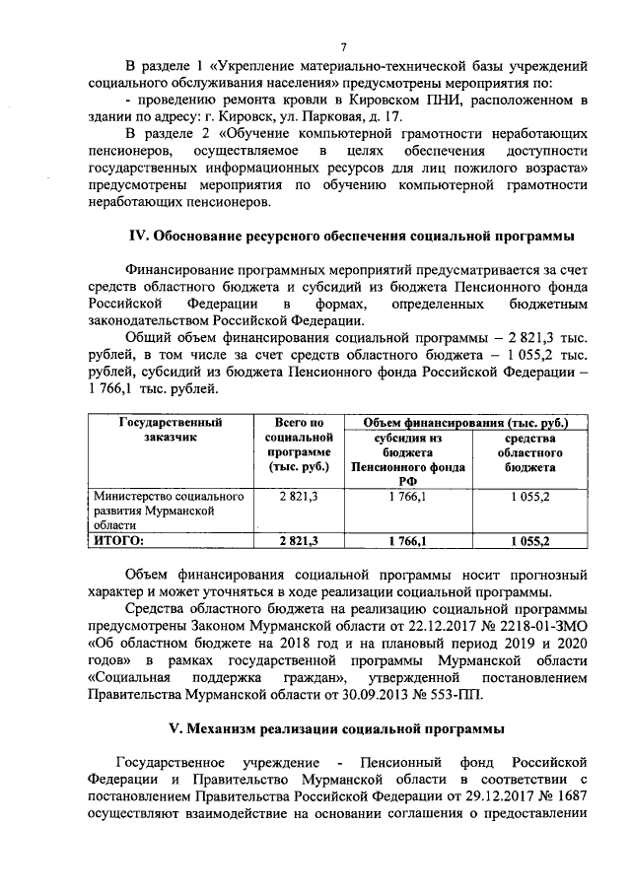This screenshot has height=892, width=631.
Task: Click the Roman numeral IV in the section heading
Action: coord(140,236)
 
